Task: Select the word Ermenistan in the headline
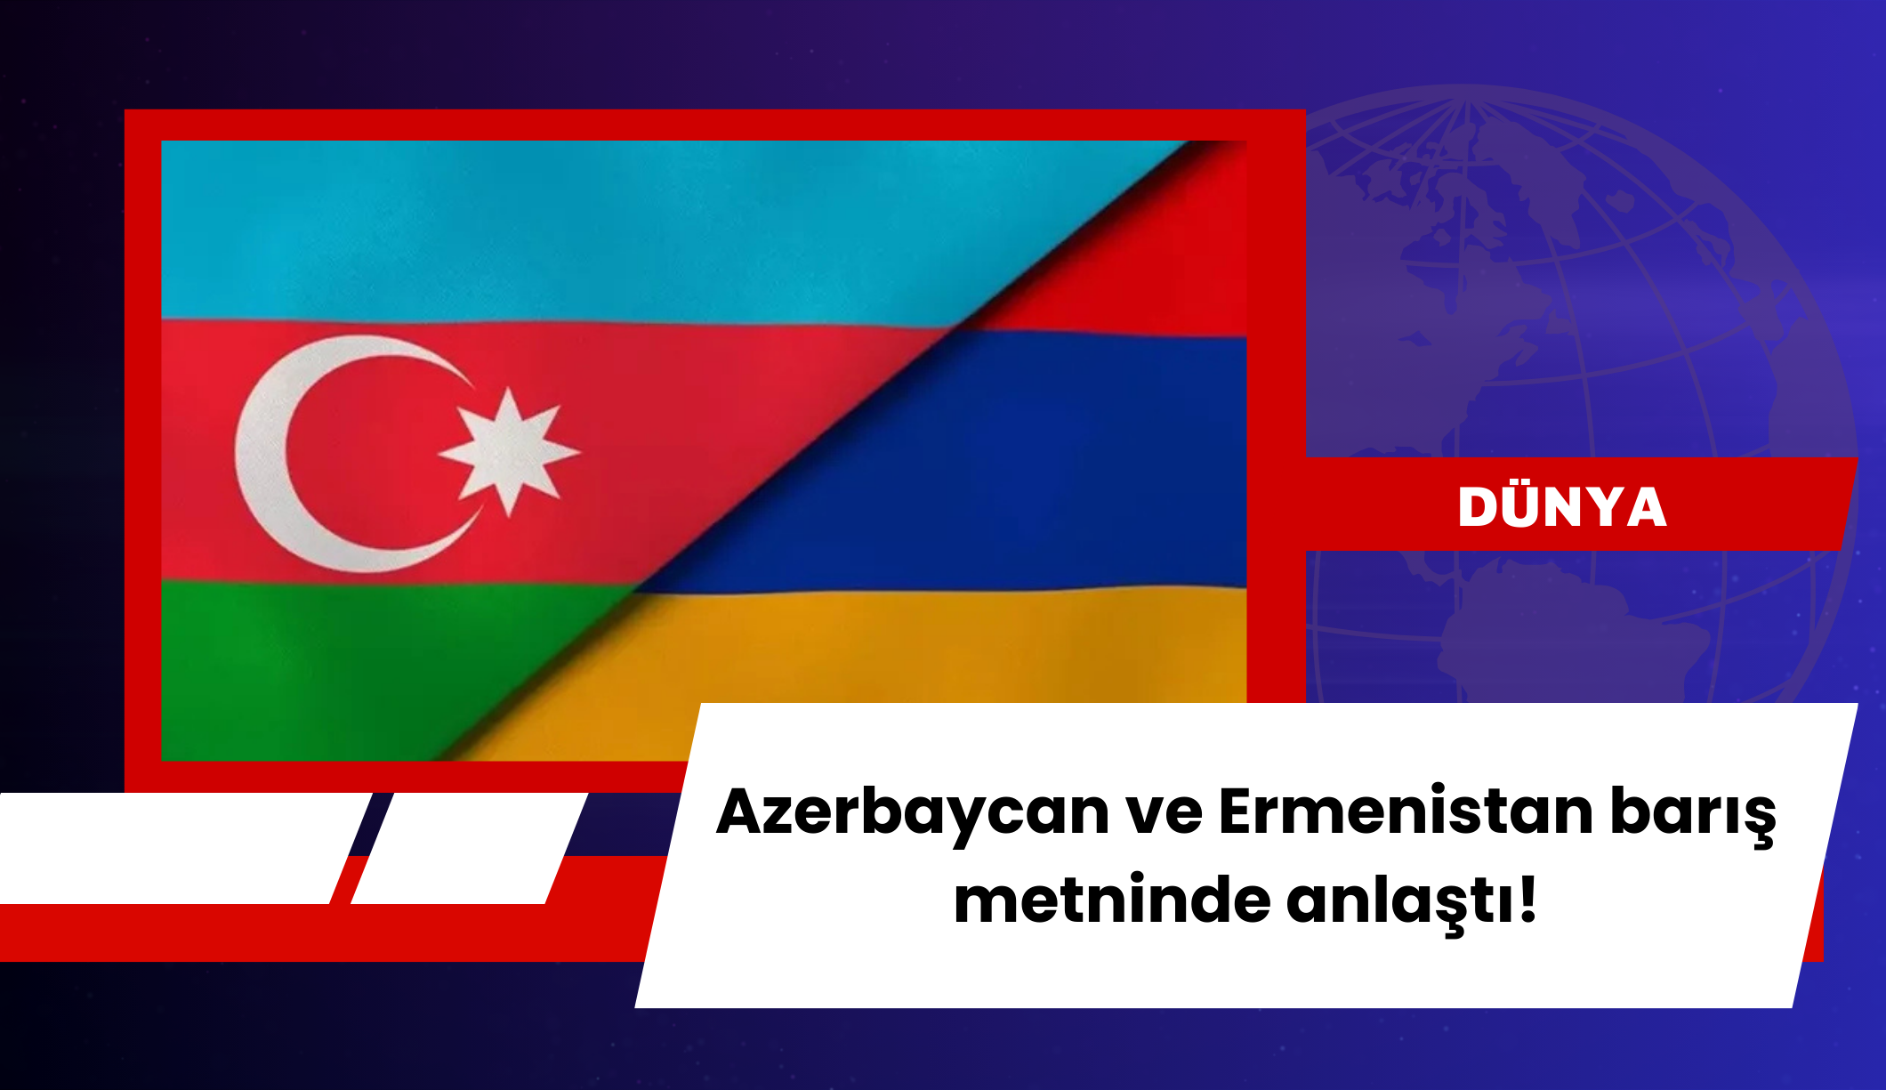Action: (x=1406, y=811)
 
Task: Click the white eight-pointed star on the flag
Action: (x=509, y=451)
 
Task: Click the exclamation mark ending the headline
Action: (x=1528, y=899)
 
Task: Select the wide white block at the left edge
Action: (x=178, y=848)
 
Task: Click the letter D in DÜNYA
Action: (x=1479, y=507)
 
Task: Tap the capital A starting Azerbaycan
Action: (x=744, y=811)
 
